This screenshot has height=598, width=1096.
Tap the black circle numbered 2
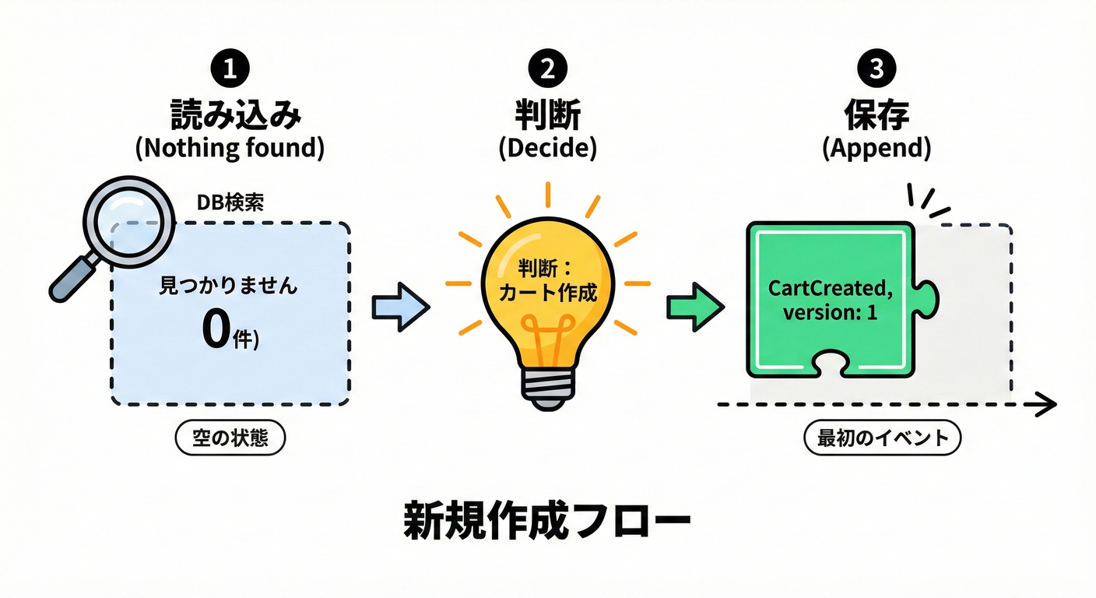[547, 69]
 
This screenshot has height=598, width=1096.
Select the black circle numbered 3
[876, 69]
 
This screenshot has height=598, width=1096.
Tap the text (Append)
[876, 149]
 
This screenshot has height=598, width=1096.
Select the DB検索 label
[231, 202]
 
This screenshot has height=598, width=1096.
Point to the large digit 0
[214, 330]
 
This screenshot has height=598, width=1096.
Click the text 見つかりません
[229, 286]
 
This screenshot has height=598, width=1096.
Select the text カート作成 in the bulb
[547, 294]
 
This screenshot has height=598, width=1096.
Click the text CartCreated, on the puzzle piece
[831, 288]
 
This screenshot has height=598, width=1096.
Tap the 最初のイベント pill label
[882, 438]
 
